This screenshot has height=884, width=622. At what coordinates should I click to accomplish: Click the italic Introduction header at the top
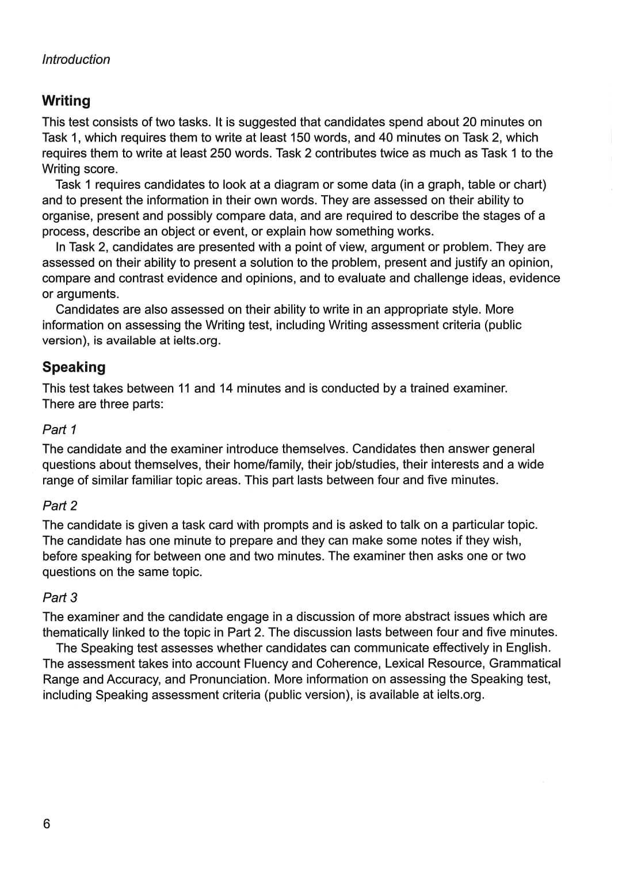point(76,59)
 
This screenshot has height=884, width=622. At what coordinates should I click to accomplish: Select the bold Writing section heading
point(66,101)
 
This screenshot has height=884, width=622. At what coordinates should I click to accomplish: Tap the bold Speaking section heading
point(74,367)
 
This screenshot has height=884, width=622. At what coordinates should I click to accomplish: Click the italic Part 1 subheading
point(59,429)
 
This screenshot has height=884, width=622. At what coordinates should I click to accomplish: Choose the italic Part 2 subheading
point(60,505)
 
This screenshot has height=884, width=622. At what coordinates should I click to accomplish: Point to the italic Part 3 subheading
point(60,597)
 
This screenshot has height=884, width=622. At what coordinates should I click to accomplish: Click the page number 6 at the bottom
point(47,824)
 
